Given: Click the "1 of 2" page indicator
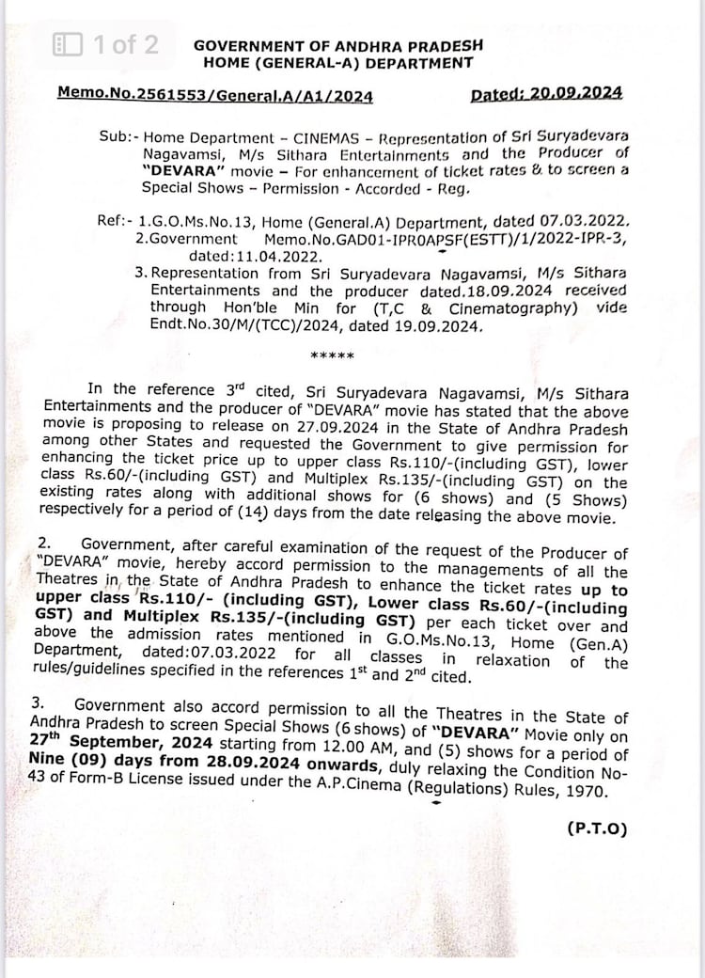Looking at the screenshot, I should click(x=126, y=44).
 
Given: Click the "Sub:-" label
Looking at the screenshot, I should click(x=118, y=135).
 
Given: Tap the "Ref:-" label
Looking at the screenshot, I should click(x=115, y=222).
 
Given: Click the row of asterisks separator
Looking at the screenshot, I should click(x=332, y=356).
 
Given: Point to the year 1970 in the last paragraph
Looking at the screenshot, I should click(x=589, y=791).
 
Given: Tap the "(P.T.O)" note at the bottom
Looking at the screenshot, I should click(x=596, y=828).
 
